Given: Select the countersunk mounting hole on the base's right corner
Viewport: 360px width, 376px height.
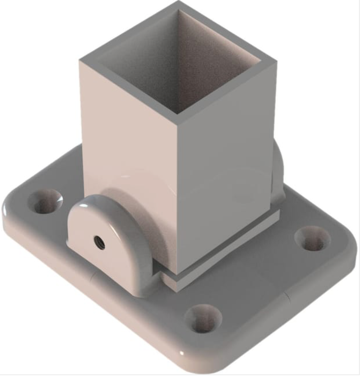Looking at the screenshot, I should coord(313,239).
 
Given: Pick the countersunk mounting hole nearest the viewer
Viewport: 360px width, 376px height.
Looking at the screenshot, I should coord(203,319).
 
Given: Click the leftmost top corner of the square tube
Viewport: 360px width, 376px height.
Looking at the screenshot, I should coord(80,60).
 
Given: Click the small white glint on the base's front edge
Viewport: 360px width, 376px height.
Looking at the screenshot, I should coord(182,353).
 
